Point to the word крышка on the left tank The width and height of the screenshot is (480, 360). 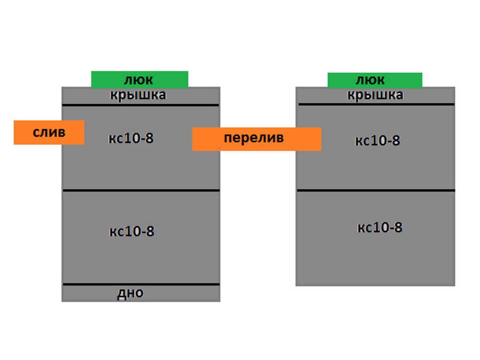point(138,96)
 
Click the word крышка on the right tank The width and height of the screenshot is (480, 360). point(375,95)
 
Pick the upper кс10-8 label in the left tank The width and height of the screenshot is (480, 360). point(131,139)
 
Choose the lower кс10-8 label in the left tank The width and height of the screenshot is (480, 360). point(132,232)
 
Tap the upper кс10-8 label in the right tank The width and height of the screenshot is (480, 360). point(378,141)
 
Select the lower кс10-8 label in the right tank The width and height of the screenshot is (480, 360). point(380,228)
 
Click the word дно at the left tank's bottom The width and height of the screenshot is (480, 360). point(130,293)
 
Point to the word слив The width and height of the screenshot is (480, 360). point(49,132)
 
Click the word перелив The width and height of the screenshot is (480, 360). point(254,138)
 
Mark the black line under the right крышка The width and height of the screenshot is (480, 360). point(376,104)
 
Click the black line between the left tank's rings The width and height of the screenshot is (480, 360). point(141,190)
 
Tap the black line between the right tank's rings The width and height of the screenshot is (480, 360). point(376,190)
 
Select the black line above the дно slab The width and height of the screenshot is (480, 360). point(141,284)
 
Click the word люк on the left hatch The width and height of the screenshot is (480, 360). point(138,80)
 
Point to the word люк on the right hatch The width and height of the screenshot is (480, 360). point(370,80)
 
